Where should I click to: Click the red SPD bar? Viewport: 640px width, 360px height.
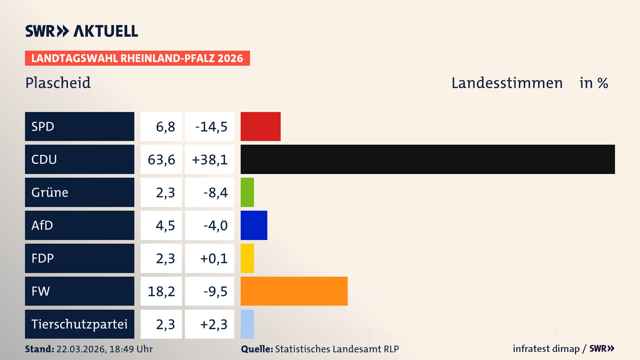260,126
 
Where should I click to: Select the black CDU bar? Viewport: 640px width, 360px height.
427,159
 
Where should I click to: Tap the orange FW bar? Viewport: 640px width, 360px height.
294,291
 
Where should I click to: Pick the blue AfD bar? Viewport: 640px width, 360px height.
254,225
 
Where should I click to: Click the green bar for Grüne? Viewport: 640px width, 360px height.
247,192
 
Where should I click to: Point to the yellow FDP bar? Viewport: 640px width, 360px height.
247,258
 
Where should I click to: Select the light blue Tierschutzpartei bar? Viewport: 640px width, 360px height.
247,324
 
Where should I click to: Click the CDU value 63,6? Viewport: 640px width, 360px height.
161,160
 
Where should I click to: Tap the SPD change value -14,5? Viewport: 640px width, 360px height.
211,127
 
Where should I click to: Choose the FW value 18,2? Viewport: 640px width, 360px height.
161,291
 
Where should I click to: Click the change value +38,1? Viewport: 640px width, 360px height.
210,160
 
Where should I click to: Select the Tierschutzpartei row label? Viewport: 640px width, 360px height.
79,324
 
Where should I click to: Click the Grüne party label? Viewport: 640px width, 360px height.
50,192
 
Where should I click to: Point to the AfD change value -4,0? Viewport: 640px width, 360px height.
215,226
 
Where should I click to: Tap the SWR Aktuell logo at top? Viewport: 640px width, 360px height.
82,31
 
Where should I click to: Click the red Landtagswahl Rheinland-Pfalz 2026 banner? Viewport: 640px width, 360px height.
137,58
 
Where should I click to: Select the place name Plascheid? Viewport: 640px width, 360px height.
58,83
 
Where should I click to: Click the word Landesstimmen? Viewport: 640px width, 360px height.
507,83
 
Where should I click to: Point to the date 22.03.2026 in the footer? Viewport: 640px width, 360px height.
81,349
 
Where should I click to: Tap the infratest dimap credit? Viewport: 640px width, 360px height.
546,349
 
